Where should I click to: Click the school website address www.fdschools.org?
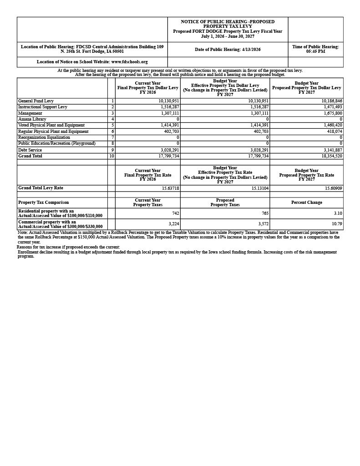click(129, 62)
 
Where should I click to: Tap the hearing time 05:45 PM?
click(315, 51)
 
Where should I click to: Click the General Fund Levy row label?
click(36, 101)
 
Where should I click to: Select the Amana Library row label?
click(32, 119)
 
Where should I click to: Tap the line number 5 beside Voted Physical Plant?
click(112, 125)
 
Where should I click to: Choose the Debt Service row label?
click(30, 150)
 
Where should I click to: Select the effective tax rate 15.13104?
click(259, 188)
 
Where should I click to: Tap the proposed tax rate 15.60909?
click(333, 188)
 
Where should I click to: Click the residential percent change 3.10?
click(338, 213)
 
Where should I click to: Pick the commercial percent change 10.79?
click(337, 224)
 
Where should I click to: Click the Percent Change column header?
click(306, 203)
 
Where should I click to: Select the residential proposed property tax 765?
click(265, 213)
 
